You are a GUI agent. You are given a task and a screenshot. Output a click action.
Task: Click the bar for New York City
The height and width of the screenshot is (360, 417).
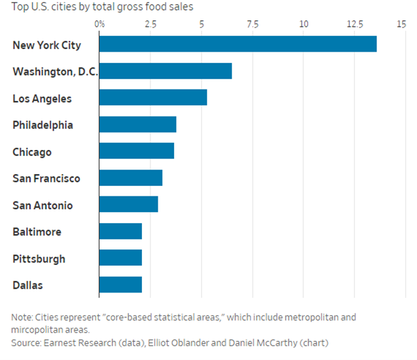coord(238,45)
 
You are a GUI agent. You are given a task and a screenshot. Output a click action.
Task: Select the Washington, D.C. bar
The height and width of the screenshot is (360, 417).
coord(166,71)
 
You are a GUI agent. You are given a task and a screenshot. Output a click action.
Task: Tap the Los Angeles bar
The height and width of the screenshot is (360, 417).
coord(153,98)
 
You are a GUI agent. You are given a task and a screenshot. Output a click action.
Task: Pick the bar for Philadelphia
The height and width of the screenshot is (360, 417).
coord(137,124)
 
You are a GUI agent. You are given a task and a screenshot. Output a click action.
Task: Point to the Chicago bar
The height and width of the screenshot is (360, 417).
coord(137,151)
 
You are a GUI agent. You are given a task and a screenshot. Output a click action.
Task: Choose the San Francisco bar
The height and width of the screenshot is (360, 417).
coord(131,178)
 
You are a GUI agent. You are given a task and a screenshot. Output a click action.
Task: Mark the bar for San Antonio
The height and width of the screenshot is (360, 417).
coord(128,204)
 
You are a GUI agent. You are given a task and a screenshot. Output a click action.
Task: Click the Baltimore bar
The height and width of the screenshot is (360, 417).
coord(120,231)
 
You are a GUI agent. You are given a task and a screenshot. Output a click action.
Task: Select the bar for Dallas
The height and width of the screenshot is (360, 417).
coord(120,285)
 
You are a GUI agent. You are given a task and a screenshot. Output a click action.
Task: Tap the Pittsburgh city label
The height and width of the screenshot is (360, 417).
coord(39,259)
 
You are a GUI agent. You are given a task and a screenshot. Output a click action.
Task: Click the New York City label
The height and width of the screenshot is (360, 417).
coord(46,45)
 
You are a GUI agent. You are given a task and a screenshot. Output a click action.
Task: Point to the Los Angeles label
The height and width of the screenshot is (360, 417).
coord(42,98)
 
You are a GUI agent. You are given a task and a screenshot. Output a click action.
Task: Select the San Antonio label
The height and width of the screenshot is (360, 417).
coord(43,205)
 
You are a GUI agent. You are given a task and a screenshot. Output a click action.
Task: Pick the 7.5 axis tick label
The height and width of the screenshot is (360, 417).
coord(253,24)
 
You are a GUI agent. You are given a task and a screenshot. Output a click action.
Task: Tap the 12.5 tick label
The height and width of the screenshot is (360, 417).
coord(355,24)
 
